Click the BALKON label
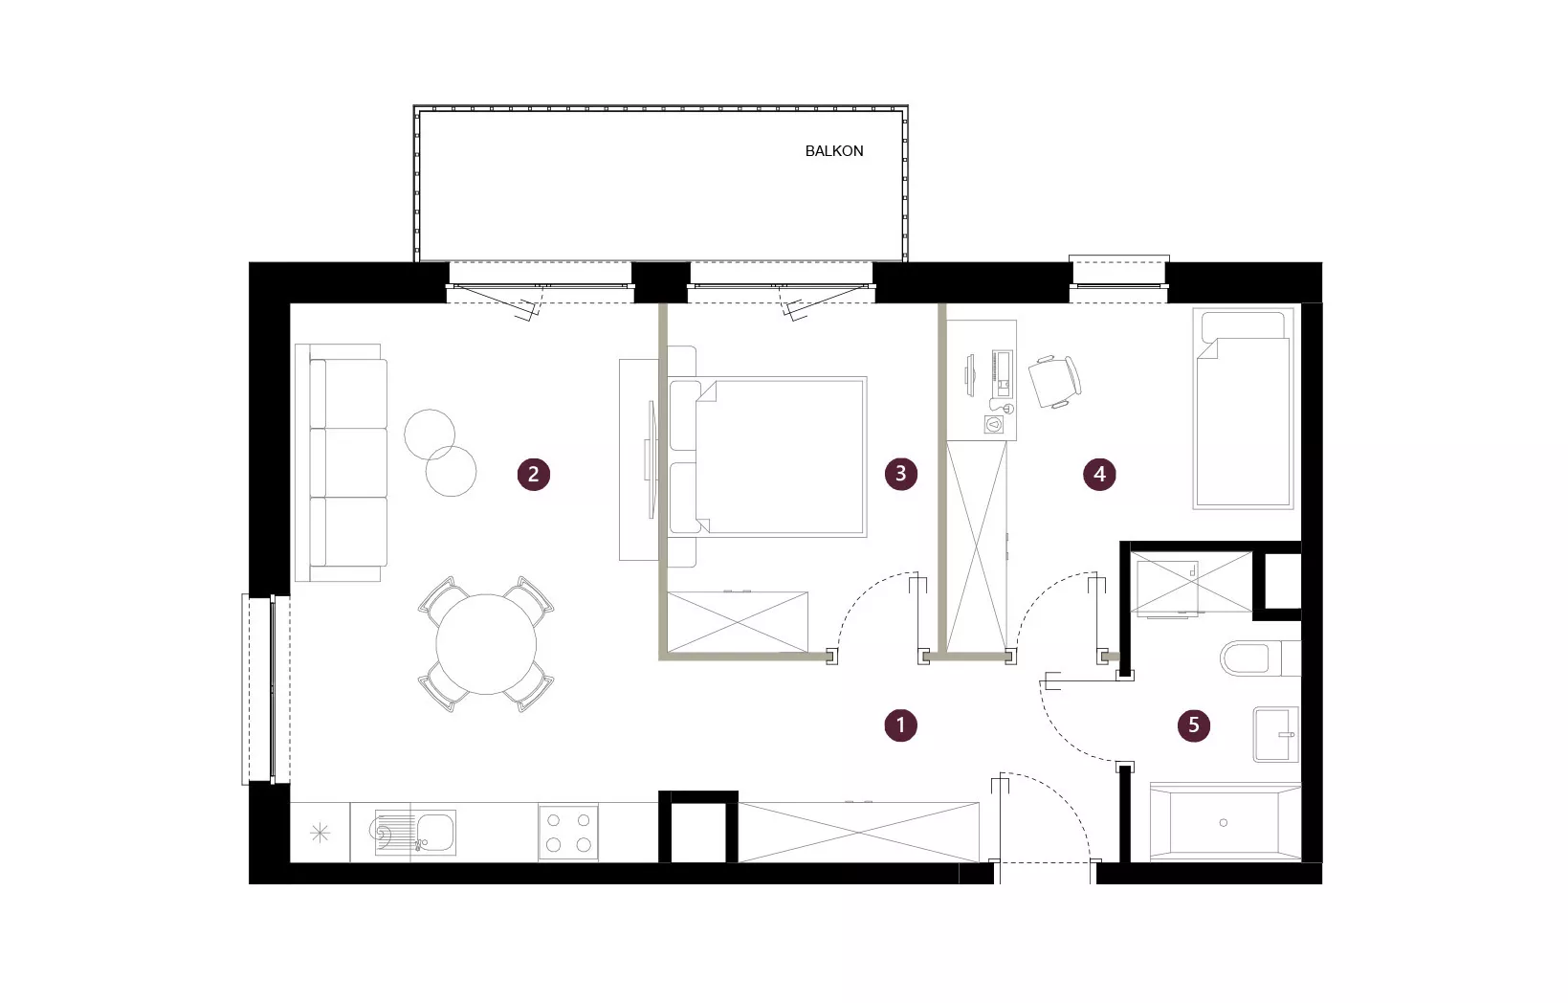tap(833, 151)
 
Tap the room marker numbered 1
tap(901, 724)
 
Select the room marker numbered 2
tap(534, 474)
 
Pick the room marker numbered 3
tap(901, 474)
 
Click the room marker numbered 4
tap(1099, 474)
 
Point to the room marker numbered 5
tap(1194, 724)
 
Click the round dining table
tap(486, 644)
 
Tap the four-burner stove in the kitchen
tap(568, 832)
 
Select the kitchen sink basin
tap(436, 832)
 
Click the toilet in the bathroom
tap(1260, 658)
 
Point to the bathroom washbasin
tap(1275, 734)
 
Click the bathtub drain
tap(1223, 822)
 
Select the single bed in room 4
tap(1243, 409)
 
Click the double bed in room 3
tap(767, 457)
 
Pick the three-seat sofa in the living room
tap(342, 462)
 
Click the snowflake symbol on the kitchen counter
tap(320, 833)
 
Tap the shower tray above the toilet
tap(1191, 583)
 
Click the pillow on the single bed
tap(1243, 326)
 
